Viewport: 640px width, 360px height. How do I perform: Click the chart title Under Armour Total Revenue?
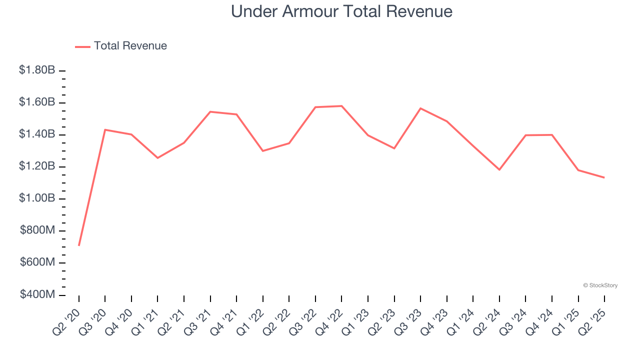coord(341,11)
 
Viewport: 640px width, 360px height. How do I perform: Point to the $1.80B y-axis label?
coord(37,70)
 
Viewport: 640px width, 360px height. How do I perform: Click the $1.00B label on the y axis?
coord(37,198)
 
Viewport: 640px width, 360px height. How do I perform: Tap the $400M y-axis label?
coord(37,294)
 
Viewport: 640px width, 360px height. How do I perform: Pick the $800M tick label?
coord(37,230)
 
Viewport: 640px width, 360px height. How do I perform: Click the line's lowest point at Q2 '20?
coord(79,245)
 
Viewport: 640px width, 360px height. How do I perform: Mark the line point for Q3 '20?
coord(105,130)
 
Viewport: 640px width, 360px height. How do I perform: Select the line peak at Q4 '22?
coord(341,106)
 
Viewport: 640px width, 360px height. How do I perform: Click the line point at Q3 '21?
coord(210,111)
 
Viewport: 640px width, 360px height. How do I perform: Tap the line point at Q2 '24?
coord(499,169)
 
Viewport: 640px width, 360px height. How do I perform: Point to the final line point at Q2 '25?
coord(604,177)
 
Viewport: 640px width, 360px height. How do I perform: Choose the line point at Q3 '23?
coord(420,108)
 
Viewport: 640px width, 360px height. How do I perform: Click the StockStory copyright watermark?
coord(600,285)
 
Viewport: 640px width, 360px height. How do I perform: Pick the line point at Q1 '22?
coord(263,150)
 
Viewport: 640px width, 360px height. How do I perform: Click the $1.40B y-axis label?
coord(37,134)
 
